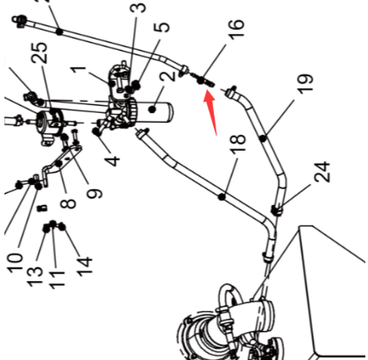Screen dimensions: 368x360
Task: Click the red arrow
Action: (x=211, y=111)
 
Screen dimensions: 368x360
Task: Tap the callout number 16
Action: (x=236, y=28)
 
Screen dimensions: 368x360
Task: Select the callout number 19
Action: (x=306, y=84)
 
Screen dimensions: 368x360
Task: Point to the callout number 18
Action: (x=237, y=144)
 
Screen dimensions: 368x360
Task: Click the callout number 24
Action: (x=322, y=172)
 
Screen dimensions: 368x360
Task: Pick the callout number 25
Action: (x=39, y=53)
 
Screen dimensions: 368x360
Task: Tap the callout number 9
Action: (x=95, y=194)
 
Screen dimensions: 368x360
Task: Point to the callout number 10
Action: (x=15, y=264)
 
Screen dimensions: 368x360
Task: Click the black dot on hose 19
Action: (x=264, y=138)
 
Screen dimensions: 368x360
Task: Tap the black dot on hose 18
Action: (x=222, y=197)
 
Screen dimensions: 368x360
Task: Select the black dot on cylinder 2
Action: (x=152, y=109)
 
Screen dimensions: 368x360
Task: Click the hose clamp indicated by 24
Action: (x=277, y=210)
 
